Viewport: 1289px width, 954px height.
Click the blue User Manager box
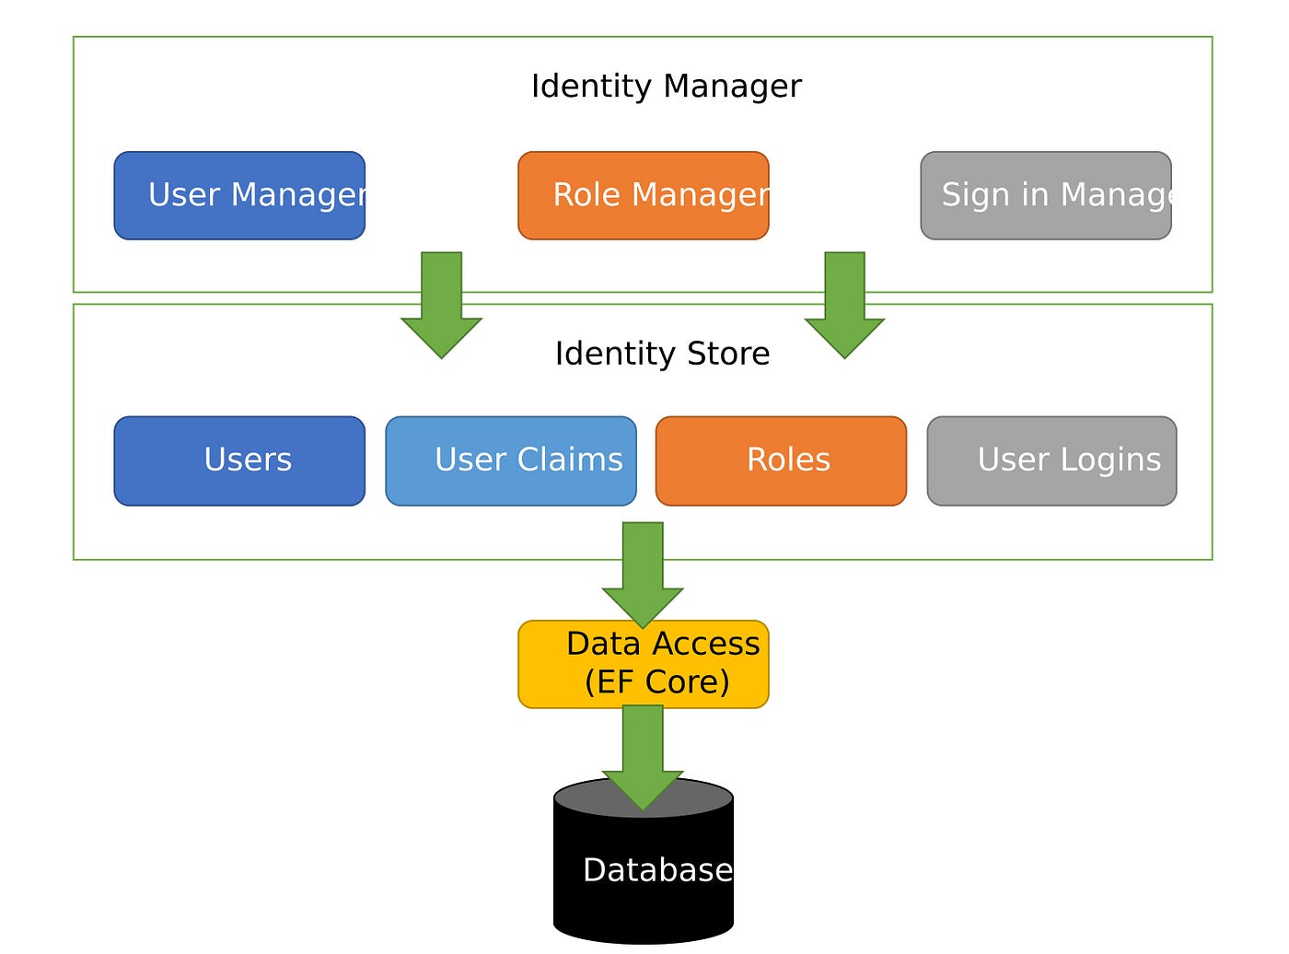[x=238, y=194]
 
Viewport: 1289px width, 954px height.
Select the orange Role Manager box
[x=643, y=194]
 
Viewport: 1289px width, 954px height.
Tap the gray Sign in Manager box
[x=1045, y=194]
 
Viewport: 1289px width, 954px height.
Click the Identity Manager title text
[x=666, y=86]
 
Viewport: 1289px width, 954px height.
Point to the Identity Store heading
[x=662, y=353]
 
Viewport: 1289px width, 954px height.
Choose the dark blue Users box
[x=238, y=460]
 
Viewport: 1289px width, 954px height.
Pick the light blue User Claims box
[x=510, y=460]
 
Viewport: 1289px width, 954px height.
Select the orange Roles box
[x=781, y=460]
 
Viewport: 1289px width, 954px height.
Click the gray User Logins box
[x=1051, y=460]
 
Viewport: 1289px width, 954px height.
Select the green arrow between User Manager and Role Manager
[x=441, y=305]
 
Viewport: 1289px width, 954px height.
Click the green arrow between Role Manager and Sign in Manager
[x=844, y=305]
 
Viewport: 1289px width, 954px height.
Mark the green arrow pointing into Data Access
[x=642, y=575]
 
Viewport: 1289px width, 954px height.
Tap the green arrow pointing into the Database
[x=642, y=758]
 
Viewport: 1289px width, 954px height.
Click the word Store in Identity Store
[x=728, y=353]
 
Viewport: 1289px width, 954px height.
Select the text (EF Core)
[x=656, y=681]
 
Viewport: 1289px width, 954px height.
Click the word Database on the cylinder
[x=657, y=869]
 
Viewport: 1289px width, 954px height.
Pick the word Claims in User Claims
[x=570, y=459]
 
